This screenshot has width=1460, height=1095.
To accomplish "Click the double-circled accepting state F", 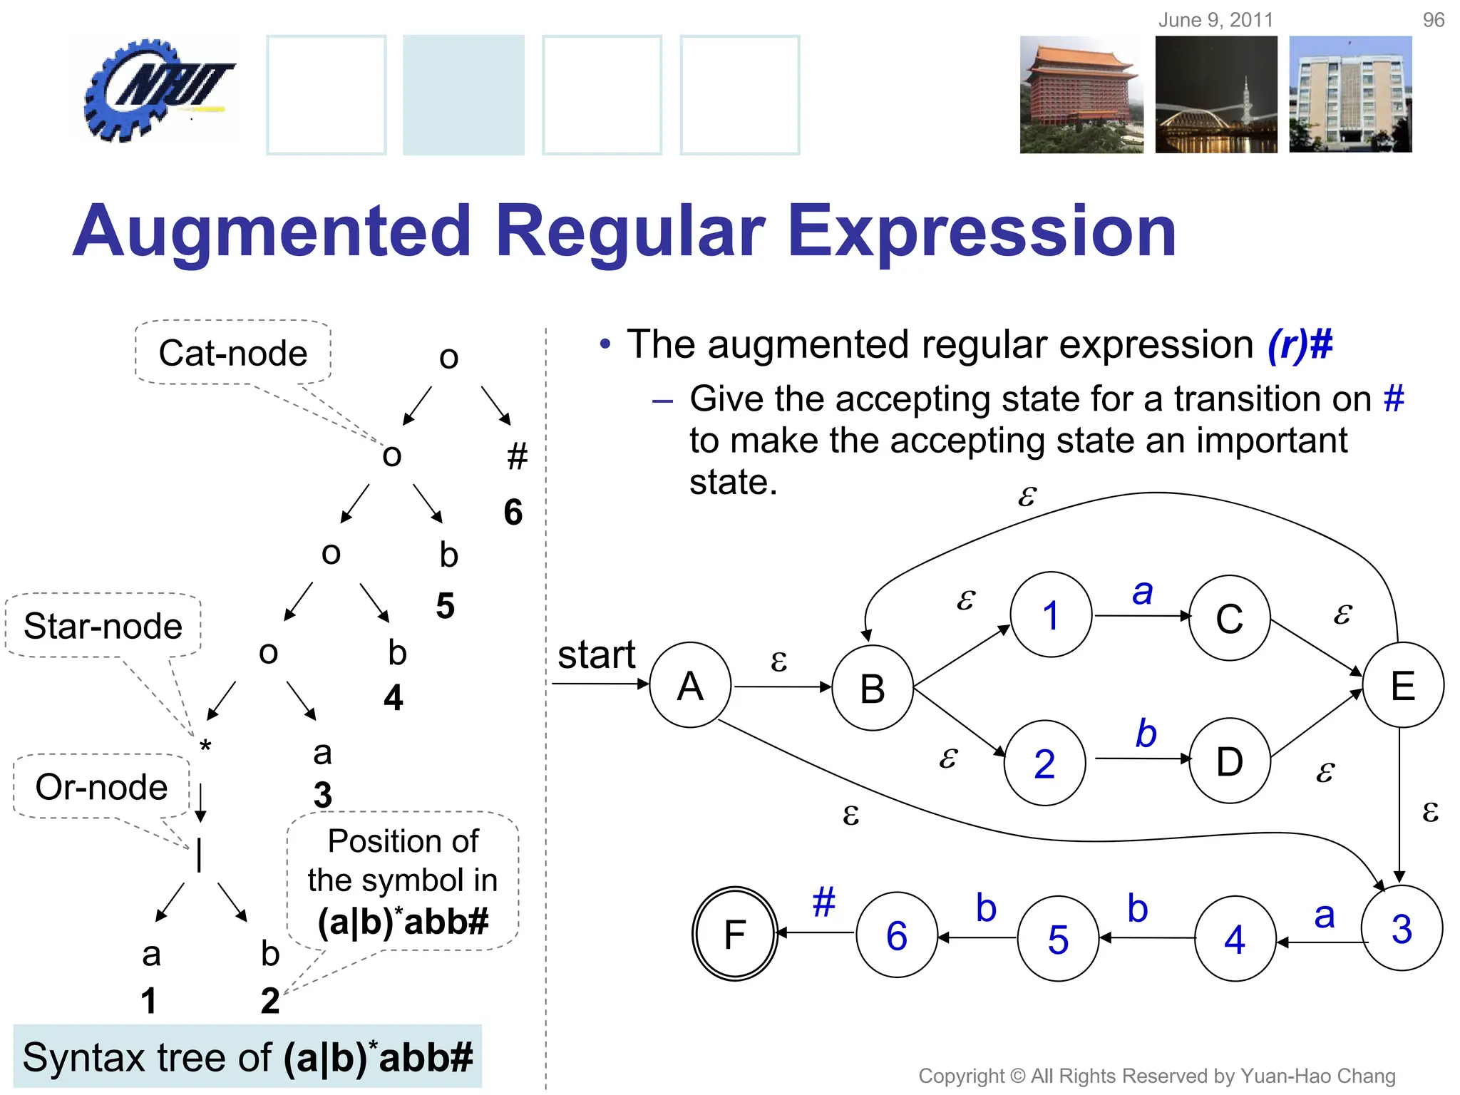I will click(x=734, y=934).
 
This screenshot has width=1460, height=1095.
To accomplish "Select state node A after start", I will click(x=690, y=685).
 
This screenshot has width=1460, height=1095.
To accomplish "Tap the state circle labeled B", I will click(x=873, y=688).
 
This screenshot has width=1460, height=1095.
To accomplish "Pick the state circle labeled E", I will click(x=1403, y=685).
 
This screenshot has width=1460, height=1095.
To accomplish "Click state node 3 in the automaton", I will click(x=1402, y=928).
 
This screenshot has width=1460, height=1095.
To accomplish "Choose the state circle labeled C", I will click(x=1229, y=617).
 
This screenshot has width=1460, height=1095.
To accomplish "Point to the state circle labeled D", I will click(x=1229, y=761).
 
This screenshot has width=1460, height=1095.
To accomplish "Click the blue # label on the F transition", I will click(x=823, y=902).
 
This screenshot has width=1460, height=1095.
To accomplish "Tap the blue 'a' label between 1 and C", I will click(x=1142, y=592).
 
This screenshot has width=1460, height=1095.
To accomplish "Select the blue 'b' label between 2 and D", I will click(x=1146, y=734).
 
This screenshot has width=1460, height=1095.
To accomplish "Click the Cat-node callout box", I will click(x=233, y=353).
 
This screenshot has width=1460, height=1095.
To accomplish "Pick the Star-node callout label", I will click(x=103, y=626).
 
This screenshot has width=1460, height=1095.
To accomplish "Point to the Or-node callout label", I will click(x=101, y=786).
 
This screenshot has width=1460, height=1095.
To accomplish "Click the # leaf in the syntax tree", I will click(x=517, y=456).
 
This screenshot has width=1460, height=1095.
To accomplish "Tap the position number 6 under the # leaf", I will click(x=513, y=512).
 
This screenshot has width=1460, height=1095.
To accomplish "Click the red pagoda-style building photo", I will click(x=1081, y=95).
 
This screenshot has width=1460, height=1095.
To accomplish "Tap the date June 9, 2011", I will click(x=1215, y=20).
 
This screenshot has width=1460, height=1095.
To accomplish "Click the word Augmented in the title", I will click(x=271, y=230).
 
